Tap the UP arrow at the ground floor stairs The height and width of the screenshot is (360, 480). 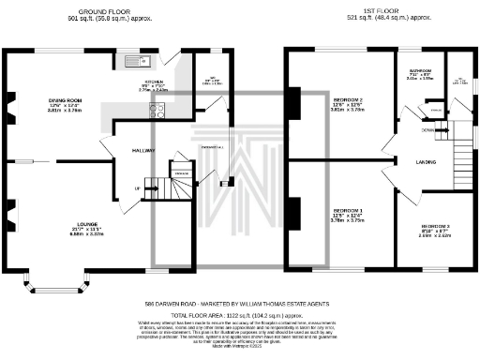coord(140,187)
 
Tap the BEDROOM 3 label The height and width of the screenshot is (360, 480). coord(435,227)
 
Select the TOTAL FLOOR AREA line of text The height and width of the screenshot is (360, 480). coord(239,317)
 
